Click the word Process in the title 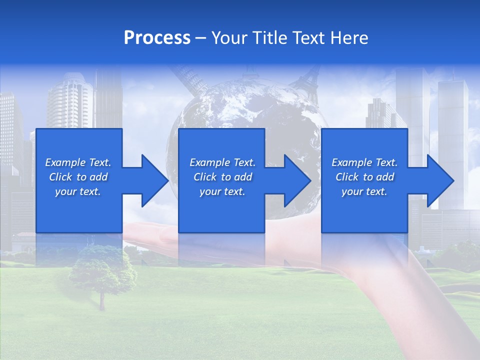(x=157, y=38)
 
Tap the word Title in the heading (x=269, y=38)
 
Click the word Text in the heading (x=309, y=38)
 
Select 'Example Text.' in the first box (x=78, y=162)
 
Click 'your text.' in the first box (x=78, y=191)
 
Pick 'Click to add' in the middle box (x=222, y=177)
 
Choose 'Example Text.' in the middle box (x=222, y=162)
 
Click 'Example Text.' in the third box (x=364, y=162)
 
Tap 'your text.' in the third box (x=364, y=191)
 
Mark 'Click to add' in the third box (x=364, y=177)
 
